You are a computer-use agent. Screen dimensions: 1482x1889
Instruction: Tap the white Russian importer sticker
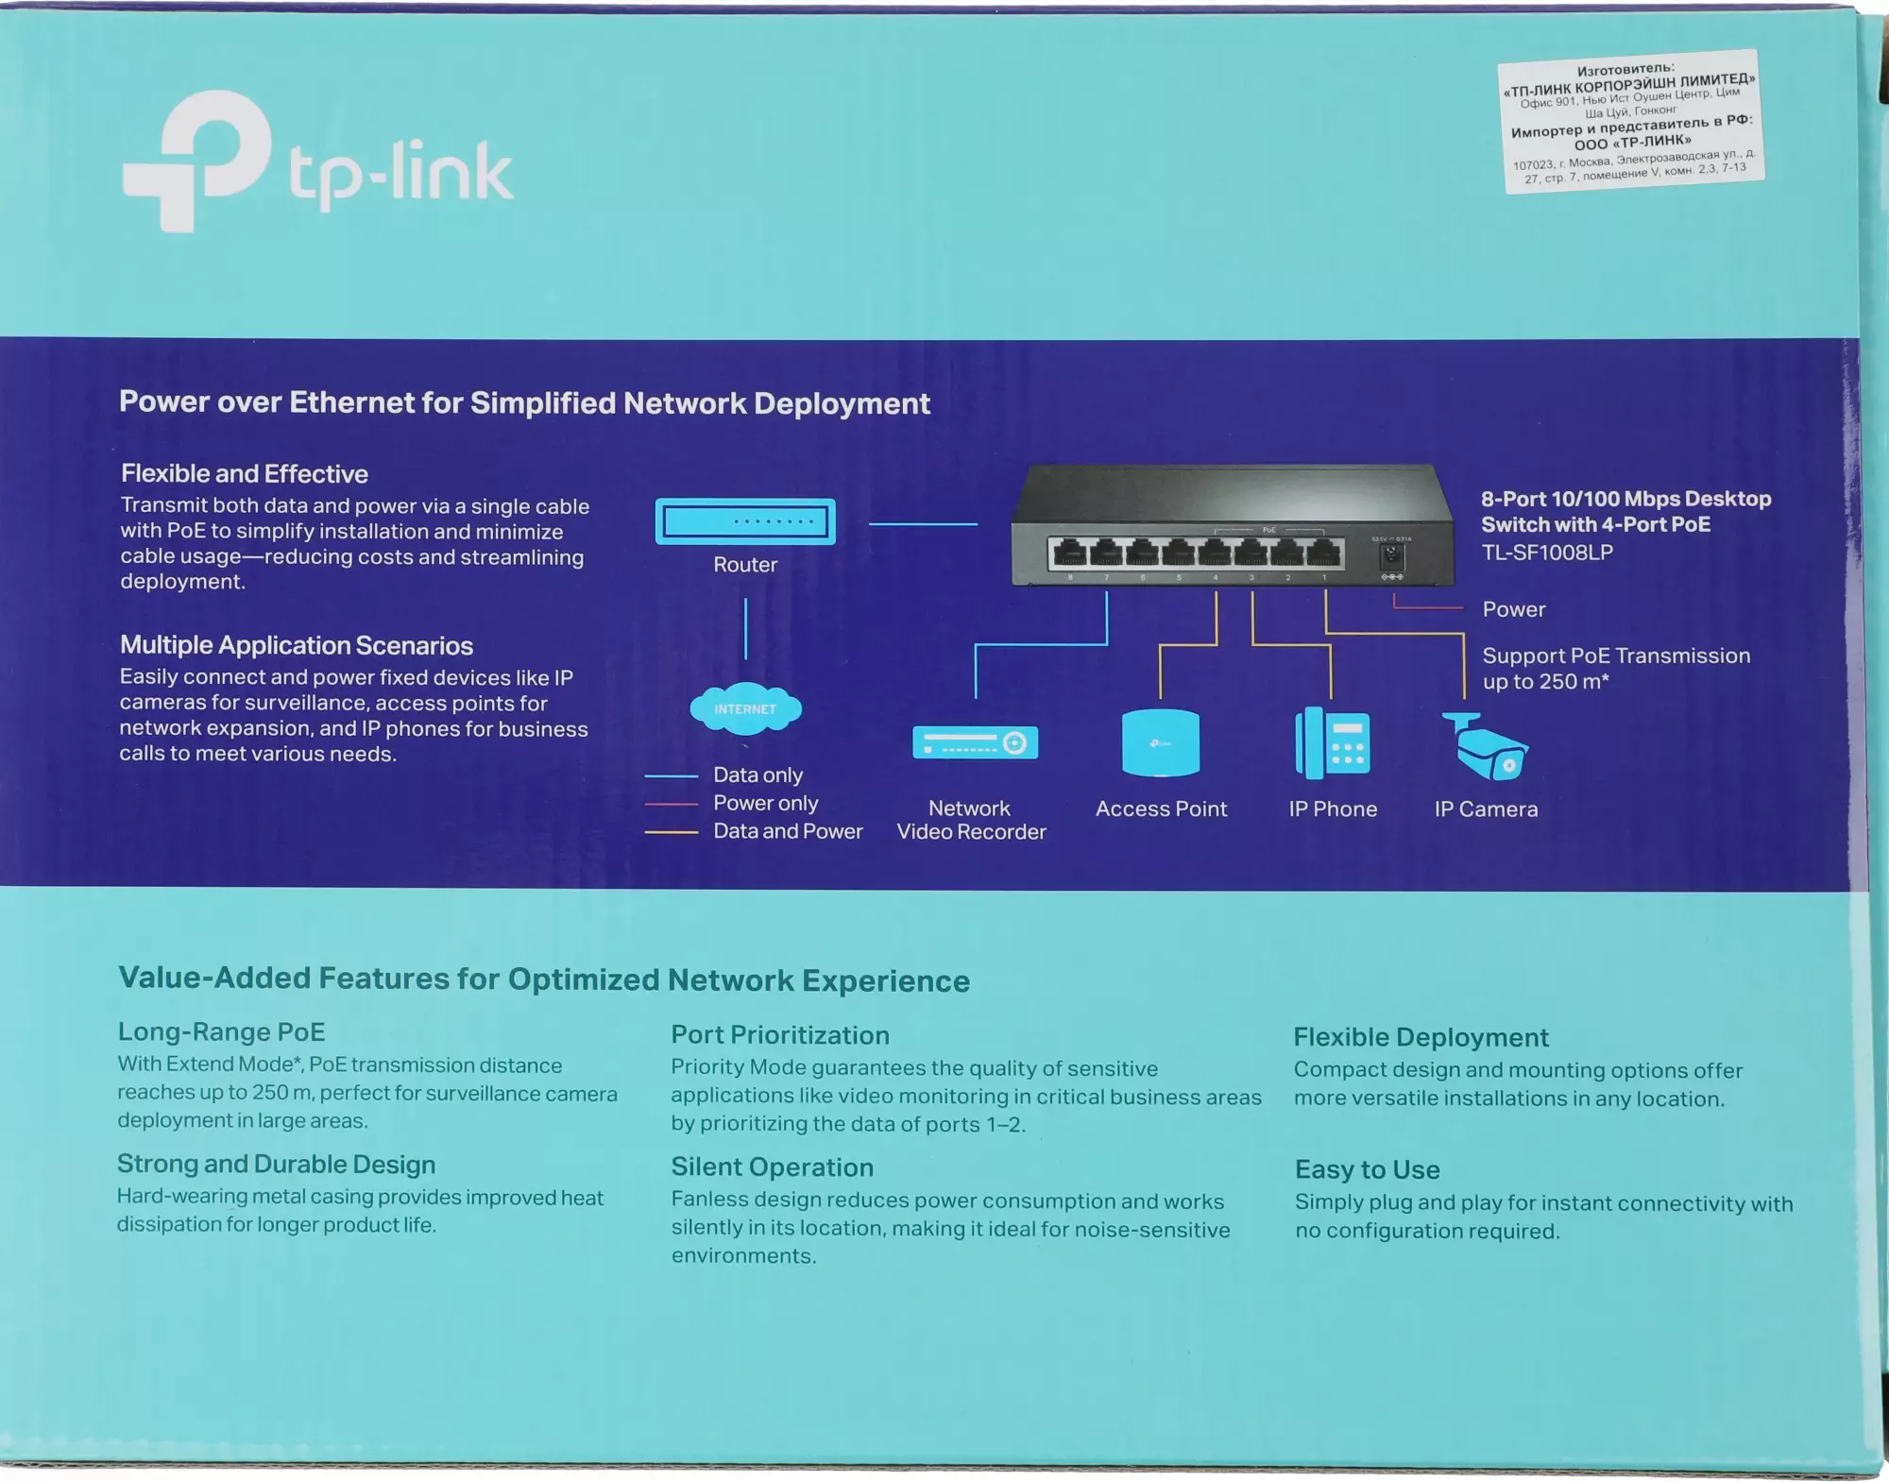pyautogui.click(x=1632, y=121)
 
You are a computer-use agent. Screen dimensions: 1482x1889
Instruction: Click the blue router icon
pyautogui.click(x=745, y=521)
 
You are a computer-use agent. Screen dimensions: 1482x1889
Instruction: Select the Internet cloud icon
pyautogui.click(x=745, y=708)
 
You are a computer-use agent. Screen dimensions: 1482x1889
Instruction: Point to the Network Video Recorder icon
pyautogui.click(x=975, y=742)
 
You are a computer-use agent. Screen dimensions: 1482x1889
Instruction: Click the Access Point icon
pyautogui.click(x=1161, y=743)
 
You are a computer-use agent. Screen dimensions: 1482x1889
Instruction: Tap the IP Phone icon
pyautogui.click(x=1332, y=743)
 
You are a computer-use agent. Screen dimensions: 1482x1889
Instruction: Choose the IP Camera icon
pyautogui.click(x=1485, y=746)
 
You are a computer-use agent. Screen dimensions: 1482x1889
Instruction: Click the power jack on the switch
pyautogui.click(x=1392, y=555)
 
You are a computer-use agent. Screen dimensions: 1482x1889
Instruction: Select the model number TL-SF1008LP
pyautogui.click(x=1547, y=553)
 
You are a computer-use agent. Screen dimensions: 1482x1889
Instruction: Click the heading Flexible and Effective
pyautogui.click(x=245, y=473)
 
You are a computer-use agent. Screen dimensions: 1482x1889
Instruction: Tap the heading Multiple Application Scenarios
pyautogui.click(x=296, y=645)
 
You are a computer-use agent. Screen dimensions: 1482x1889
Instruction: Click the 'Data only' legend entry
pyautogui.click(x=757, y=775)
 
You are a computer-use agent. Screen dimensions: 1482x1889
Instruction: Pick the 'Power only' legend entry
pyautogui.click(x=765, y=803)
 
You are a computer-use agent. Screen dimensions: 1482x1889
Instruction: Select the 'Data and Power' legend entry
pyautogui.click(x=788, y=831)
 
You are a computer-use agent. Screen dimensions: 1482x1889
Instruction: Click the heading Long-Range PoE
pyautogui.click(x=221, y=1031)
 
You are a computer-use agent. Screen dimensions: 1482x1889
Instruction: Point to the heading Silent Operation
pyautogui.click(x=772, y=1167)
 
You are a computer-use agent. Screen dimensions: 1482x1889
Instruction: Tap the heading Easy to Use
pyautogui.click(x=1367, y=1169)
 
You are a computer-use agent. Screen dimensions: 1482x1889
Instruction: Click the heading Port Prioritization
pyautogui.click(x=780, y=1035)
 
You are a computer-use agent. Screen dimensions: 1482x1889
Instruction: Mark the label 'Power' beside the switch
pyautogui.click(x=1514, y=609)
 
